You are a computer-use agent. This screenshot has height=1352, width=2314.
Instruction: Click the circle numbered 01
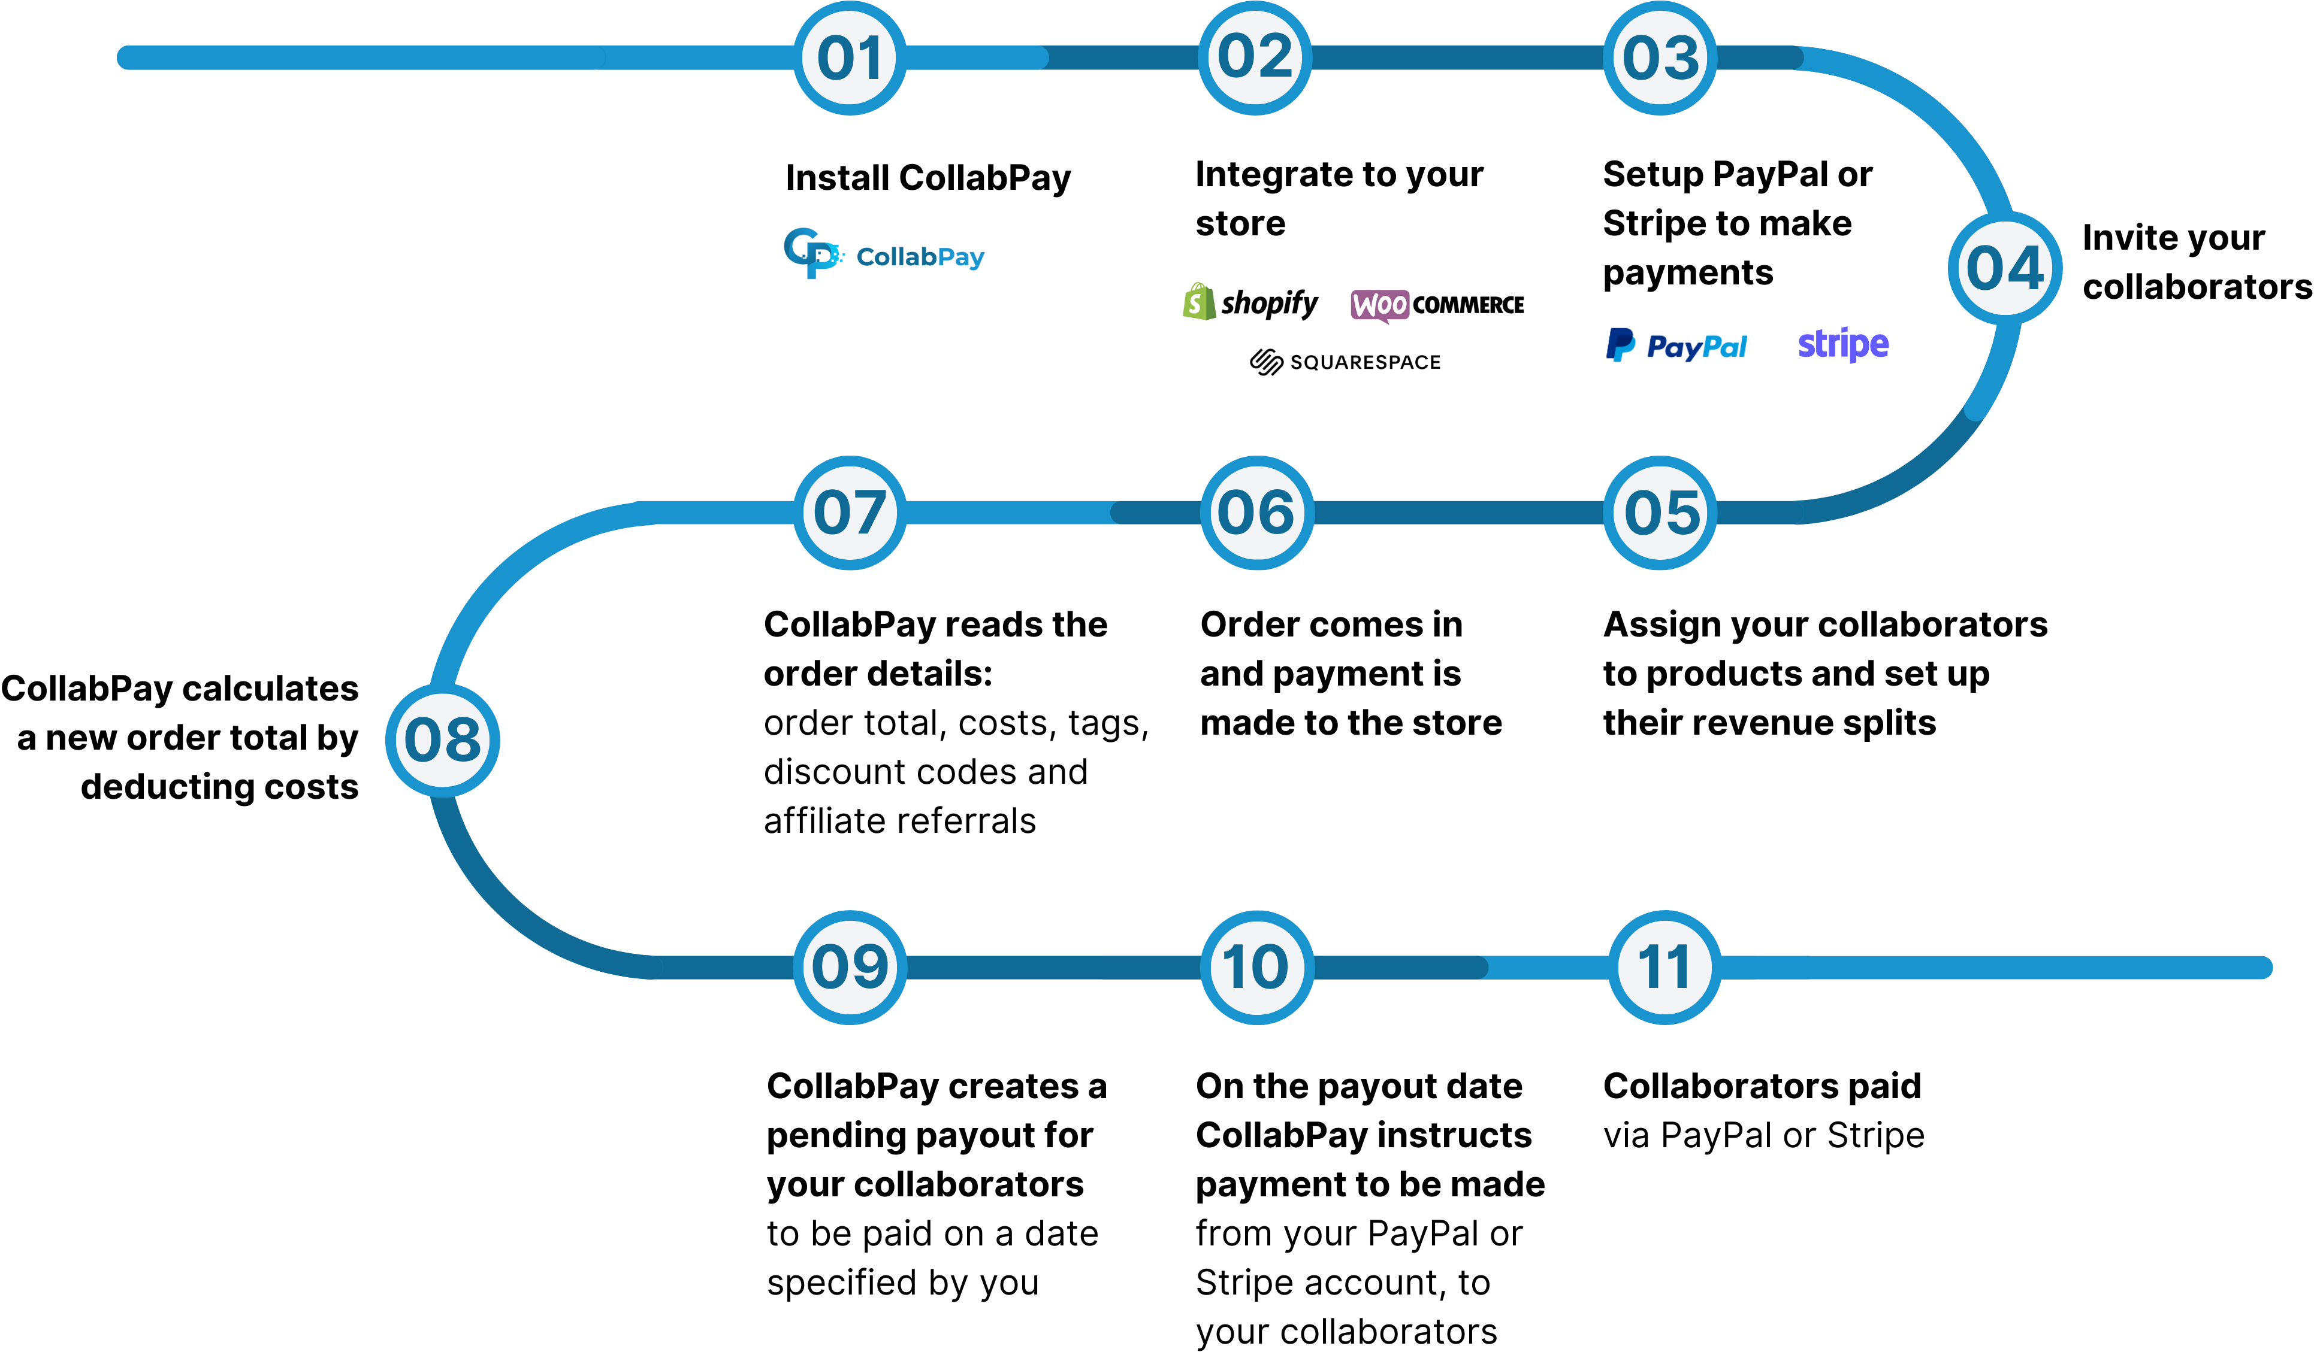coord(850,58)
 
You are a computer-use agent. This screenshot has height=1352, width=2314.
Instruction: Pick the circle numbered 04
coord(2005,268)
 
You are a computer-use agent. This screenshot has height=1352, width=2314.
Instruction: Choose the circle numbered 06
coord(1256,512)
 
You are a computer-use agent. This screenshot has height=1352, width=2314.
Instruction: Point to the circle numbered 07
coord(850,512)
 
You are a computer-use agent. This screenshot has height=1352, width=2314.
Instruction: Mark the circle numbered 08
coord(443,740)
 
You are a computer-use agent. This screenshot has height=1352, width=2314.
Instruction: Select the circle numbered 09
coord(850,968)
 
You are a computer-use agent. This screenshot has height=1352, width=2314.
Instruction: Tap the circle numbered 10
coord(1256,968)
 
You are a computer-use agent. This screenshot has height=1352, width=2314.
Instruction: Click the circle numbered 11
coord(1664,968)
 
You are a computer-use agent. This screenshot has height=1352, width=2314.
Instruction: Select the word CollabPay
coord(920,257)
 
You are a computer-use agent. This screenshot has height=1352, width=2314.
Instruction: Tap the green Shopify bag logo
coord(1199,302)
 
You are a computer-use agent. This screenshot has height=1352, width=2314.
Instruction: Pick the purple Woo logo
coord(1379,305)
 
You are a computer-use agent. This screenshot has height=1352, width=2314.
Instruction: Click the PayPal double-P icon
coord(1621,345)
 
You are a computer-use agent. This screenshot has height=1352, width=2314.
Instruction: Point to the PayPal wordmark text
coord(1697,347)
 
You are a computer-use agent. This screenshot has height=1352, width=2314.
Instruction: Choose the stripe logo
coord(1843,344)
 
